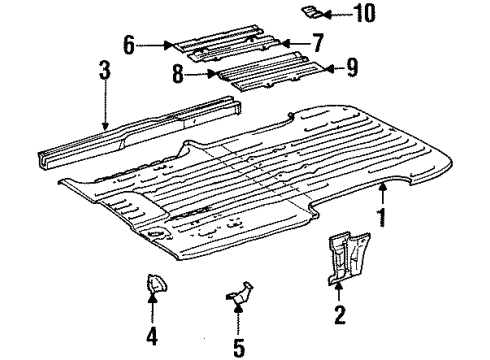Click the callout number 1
382,217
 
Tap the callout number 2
340,315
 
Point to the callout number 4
152,336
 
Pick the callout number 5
239,348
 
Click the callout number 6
129,45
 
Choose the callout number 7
317,43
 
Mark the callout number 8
178,74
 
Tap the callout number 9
352,67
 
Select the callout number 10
365,13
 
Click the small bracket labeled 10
311,12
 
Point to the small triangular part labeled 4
156,284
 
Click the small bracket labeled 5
241,293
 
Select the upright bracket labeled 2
347,258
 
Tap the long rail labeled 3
139,131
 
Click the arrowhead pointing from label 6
169,45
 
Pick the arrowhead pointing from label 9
329,69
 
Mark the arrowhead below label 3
105,126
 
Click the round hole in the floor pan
156,233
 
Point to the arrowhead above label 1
383,188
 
